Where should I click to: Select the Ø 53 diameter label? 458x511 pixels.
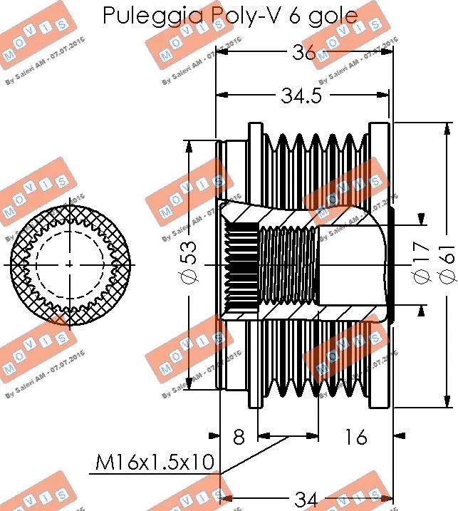pyautogui.click(x=188, y=264)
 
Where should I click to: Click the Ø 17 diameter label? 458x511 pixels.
pyautogui.click(x=420, y=264)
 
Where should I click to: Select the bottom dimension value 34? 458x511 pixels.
pyautogui.click(x=306, y=500)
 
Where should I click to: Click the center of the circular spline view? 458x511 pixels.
pyautogui.click(x=69, y=264)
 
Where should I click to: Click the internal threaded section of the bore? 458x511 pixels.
pyautogui.click(x=288, y=264)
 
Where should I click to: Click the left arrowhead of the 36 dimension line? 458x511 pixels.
pyautogui.click(x=222, y=52)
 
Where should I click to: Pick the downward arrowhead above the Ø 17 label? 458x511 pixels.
pyautogui.click(x=421, y=218)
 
